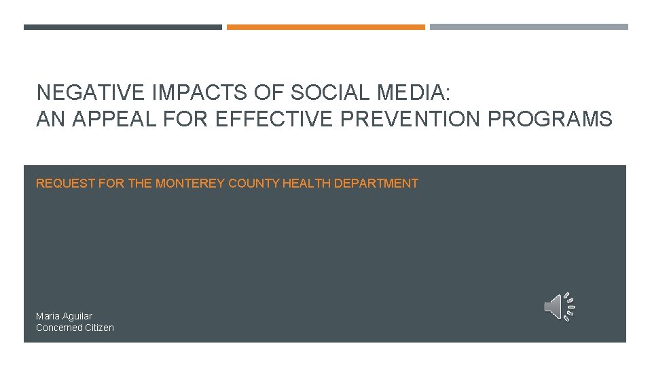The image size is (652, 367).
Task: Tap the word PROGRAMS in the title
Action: (x=550, y=120)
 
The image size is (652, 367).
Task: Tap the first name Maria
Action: (x=48, y=316)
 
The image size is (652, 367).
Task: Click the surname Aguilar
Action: (x=77, y=316)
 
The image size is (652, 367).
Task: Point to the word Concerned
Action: (x=58, y=328)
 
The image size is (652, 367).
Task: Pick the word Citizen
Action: (x=99, y=328)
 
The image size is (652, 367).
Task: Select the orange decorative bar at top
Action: (x=325, y=27)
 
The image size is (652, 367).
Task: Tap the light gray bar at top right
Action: (x=528, y=27)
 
